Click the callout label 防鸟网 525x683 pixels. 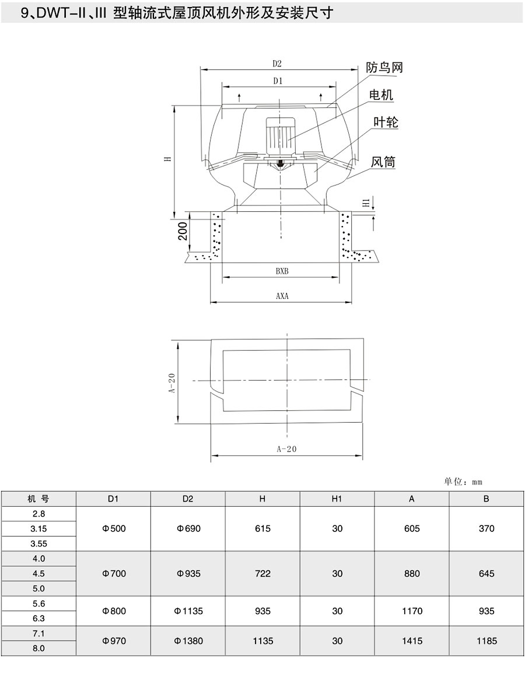(x=384, y=67)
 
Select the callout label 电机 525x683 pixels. (x=381, y=95)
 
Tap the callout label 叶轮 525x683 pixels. (x=386, y=122)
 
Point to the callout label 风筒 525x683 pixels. (x=383, y=162)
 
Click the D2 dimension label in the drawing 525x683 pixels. (x=277, y=64)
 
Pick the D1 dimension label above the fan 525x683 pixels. (x=278, y=82)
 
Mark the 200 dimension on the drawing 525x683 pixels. (x=182, y=231)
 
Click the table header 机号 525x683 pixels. (x=38, y=499)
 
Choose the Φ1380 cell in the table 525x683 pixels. (x=188, y=641)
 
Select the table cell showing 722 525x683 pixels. (x=262, y=573)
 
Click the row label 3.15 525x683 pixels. (x=38, y=528)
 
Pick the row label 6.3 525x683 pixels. (x=38, y=618)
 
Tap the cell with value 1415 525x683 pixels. (x=412, y=641)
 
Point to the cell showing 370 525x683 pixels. (x=486, y=528)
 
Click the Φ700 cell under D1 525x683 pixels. (x=113, y=573)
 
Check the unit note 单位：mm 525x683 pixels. (x=463, y=482)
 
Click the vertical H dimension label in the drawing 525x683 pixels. (x=167, y=158)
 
